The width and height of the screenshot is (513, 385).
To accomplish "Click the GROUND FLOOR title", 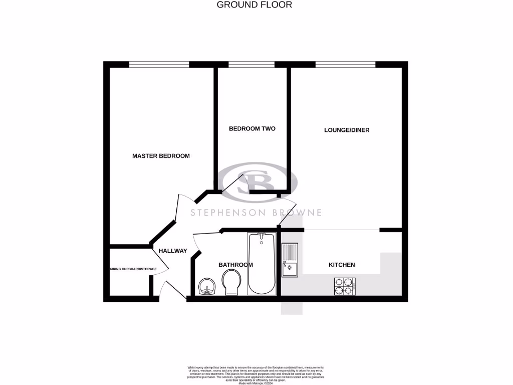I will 254,5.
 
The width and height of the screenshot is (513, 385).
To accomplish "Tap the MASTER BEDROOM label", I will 161,156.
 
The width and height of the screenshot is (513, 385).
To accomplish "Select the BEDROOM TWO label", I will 252,129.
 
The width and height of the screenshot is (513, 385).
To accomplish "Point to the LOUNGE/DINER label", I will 347,130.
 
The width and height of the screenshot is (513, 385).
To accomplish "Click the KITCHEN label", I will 342,265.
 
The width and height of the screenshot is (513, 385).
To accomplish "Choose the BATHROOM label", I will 235,265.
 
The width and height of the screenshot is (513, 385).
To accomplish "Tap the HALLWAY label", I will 173,251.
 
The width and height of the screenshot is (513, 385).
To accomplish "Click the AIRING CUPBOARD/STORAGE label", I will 133,269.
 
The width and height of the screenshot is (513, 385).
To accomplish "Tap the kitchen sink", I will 290,260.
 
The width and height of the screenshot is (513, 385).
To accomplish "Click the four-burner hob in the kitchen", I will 345,286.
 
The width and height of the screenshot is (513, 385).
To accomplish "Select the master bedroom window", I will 159,64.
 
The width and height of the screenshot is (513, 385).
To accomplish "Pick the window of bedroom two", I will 251,64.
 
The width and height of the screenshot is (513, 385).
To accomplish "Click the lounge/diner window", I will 345,64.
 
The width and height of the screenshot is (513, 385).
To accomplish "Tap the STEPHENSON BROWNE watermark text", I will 256,213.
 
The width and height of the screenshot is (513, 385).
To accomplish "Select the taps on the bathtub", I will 261,236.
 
